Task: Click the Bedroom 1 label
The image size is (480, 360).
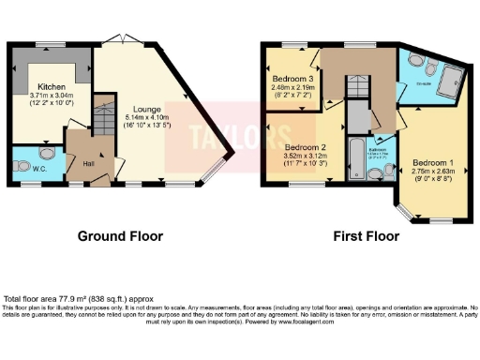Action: pyautogui.click(x=431, y=162)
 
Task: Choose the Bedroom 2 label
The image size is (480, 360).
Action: pyautogui.click(x=306, y=147)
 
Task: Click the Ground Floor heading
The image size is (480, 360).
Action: pyautogui.click(x=117, y=235)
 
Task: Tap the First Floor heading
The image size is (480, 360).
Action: pyautogui.click(x=368, y=235)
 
